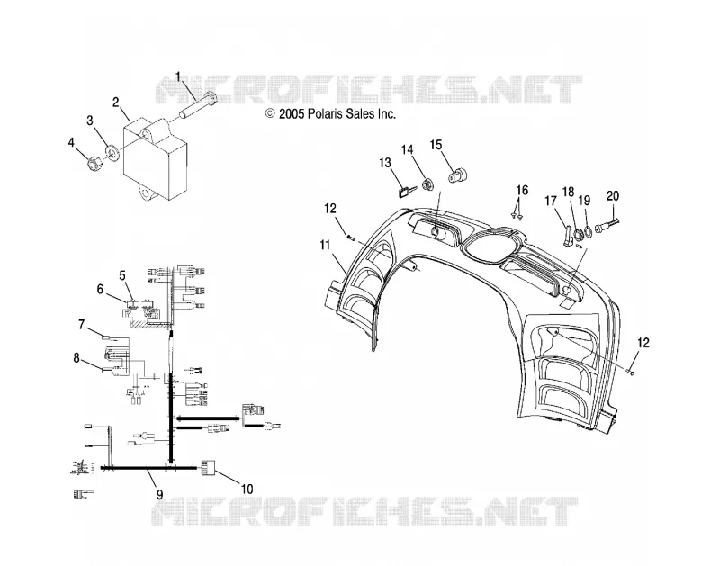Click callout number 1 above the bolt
click(178, 76)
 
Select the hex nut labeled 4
click(94, 164)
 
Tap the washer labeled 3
click(112, 152)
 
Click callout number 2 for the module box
click(117, 102)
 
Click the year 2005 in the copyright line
click(291, 113)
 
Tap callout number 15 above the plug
click(436, 145)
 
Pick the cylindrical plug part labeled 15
click(457, 175)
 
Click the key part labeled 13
click(406, 191)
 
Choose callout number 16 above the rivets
click(522, 190)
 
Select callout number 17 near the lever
click(551, 201)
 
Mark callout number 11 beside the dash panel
click(325, 246)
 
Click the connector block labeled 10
click(209, 467)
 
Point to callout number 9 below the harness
click(159, 494)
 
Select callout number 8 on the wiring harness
click(76, 357)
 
